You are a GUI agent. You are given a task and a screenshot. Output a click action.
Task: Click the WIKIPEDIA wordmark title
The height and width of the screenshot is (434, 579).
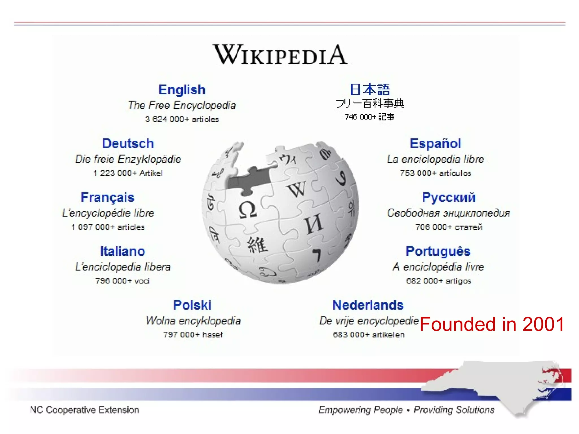pyautogui.click(x=280, y=55)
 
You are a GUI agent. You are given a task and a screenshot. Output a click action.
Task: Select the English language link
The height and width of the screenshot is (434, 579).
pyautogui.click(x=182, y=90)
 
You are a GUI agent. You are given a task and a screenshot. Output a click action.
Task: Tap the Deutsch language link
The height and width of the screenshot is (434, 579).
pyautogui.click(x=128, y=144)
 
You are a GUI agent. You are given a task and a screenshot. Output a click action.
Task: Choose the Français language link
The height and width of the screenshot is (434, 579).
pyautogui.click(x=107, y=197)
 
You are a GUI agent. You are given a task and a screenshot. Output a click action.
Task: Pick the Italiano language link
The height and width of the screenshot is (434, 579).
pyautogui.click(x=123, y=251)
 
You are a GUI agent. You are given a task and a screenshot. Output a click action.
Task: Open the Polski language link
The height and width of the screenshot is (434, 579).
pyautogui.click(x=192, y=305)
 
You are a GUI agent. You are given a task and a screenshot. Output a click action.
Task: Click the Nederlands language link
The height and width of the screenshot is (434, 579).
pyautogui.click(x=368, y=305)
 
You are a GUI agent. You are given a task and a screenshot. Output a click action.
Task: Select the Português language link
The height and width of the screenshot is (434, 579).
pyautogui.click(x=438, y=251)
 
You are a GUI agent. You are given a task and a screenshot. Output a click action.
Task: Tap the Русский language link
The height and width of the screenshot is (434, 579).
pyautogui.click(x=449, y=197)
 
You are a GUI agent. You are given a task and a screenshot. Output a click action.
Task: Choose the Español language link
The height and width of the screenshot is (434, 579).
pyautogui.click(x=435, y=144)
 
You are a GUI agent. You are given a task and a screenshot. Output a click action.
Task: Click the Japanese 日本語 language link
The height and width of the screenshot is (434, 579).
pyautogui.click(x=370, y=90)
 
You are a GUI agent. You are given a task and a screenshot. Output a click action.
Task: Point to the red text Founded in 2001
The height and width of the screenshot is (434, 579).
pyautogui.click(x=492, y=324)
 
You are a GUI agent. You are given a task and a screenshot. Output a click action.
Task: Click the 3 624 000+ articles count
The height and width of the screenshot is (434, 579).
pyautogui.click(x=182, y=119)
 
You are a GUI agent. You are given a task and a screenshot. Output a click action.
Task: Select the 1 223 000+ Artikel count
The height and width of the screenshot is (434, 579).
pyautogui.click(x=128, y=173)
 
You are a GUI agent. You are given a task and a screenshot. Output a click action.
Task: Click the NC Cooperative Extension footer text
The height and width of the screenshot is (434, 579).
pyautogui.click(x=85, y=410)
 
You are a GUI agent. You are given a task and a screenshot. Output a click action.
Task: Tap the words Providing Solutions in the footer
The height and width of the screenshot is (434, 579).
pyautogui.click(x=454, y=410)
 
